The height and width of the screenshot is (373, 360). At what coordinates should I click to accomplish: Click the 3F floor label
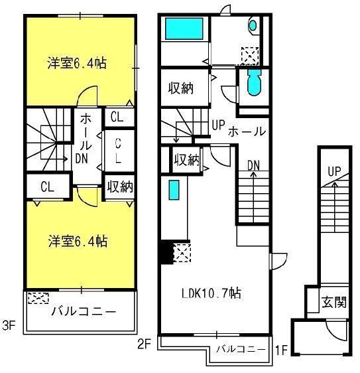click(8, 327)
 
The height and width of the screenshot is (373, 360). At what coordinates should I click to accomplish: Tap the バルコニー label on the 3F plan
click(84, 311)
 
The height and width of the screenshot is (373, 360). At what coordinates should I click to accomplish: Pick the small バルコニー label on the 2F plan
click(241, 348)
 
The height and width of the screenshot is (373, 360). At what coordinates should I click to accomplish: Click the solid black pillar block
click(164, 253)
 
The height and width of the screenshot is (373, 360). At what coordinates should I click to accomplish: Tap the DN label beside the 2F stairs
click(254, 165)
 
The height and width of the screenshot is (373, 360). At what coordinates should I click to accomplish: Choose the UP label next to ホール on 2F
click(217, 124)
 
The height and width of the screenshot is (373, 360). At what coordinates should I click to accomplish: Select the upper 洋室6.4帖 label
click(77, 64)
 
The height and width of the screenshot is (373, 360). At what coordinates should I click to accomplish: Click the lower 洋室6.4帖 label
click(77, 240)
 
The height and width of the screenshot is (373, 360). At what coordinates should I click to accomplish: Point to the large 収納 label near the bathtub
click(180, 87)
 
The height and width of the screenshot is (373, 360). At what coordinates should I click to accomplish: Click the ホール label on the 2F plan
click(247, 131)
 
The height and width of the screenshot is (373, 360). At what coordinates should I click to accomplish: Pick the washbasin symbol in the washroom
click(253, 26)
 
